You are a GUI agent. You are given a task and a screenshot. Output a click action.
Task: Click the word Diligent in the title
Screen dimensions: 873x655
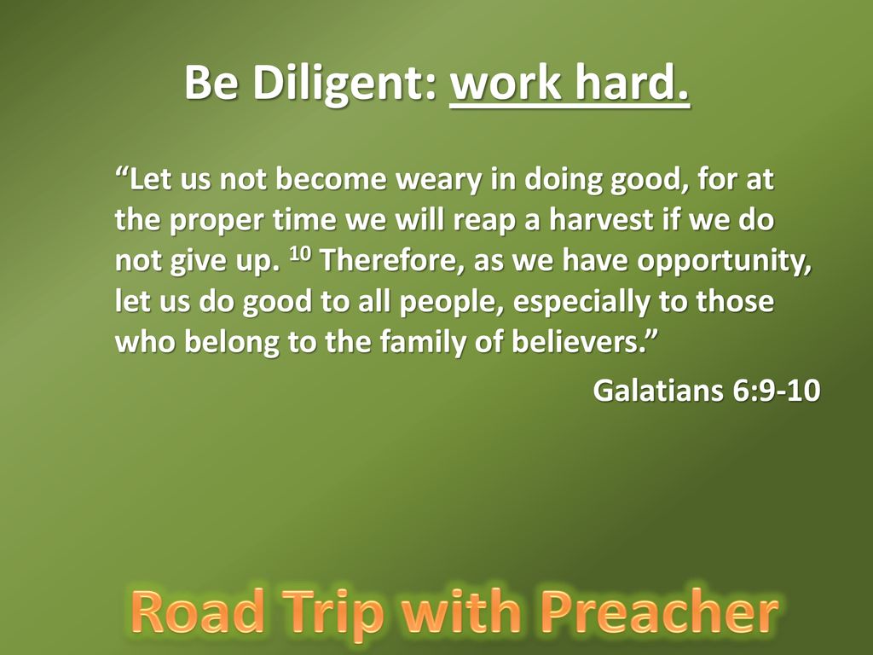(x=344, y=84)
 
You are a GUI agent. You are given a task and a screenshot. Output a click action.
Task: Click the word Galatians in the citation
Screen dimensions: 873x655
(x=658, y=390)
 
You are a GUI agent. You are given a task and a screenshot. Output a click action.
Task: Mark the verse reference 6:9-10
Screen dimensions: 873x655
(x=776, y=390)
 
